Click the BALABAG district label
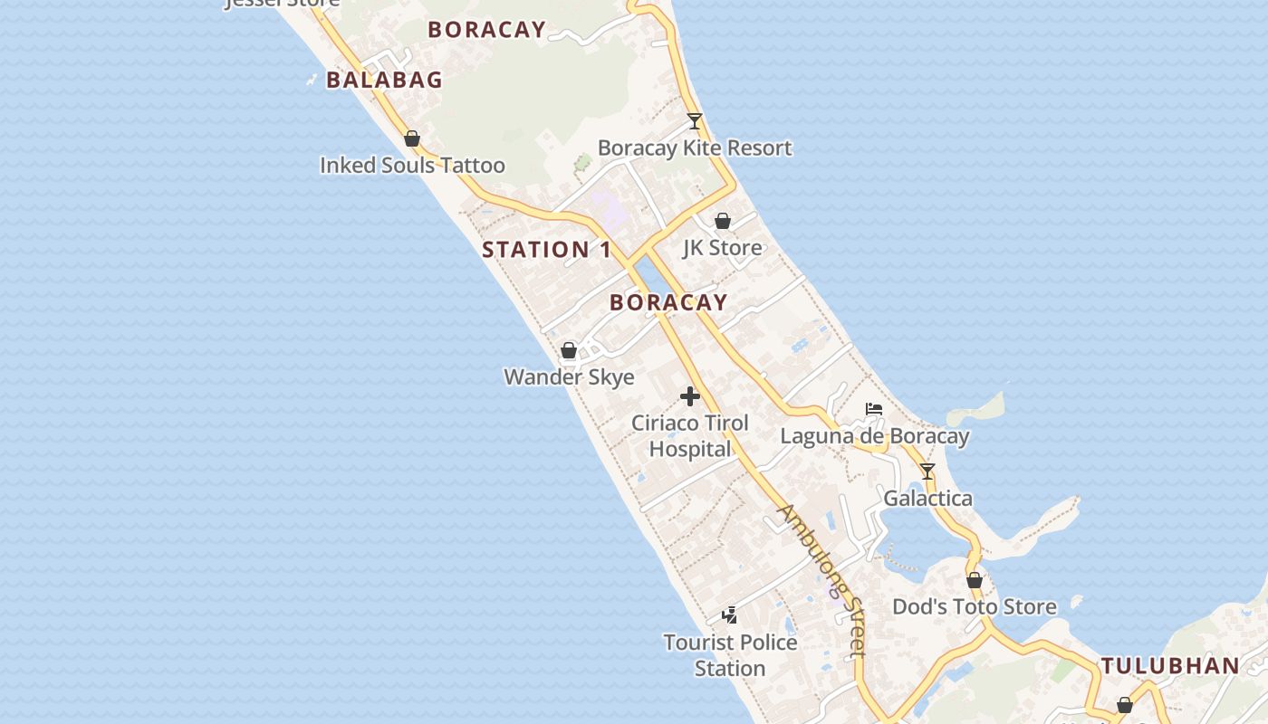coord(384,80)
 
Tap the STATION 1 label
coord(546,250)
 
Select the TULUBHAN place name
coord(1170,666)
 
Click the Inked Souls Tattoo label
coord(412,166)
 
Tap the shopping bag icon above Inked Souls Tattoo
coord(412,138)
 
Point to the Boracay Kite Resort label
coord(695,148)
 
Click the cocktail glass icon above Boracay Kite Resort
coord(695,120)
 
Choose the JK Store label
coord(722,247)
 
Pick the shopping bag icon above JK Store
coord(723,220)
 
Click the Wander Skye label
coord(569,376)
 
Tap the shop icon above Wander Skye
coord(569,349)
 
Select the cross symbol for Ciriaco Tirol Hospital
coord(690,395)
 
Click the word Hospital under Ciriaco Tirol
coord(690,449)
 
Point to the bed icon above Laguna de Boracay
coord(874,409)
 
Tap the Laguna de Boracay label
coord(874,436)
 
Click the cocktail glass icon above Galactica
coord(927,471)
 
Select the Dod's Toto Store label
coord(975,606)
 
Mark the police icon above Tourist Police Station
coord(730,615)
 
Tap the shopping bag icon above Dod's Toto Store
coord(975,580)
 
